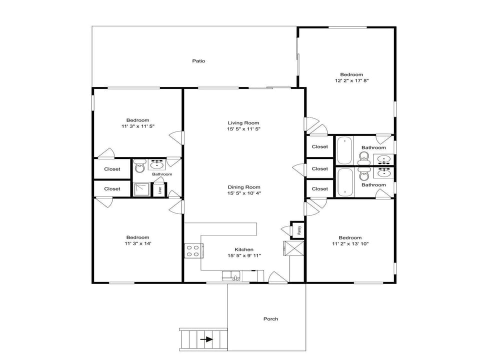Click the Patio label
point(198,61)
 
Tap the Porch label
point(270,318)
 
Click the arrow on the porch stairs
point(206,339)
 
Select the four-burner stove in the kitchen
point(193,250)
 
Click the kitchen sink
point(231,276)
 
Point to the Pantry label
point(299,230)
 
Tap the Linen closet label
point(159,190)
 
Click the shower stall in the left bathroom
point(141,189)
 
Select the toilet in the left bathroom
point(139,166)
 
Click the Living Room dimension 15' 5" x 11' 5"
point(243,129)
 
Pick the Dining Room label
point(243,187)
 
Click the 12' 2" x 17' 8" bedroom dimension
point(351,80)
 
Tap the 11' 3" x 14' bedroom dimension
point(137,243)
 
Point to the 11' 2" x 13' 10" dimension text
point(350,243)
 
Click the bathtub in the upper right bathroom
point(344,150)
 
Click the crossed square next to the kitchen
point(294,248)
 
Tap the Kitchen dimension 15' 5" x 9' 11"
point(244,255)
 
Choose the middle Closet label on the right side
point(319,168)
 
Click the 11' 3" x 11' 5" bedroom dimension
point(138,126)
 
